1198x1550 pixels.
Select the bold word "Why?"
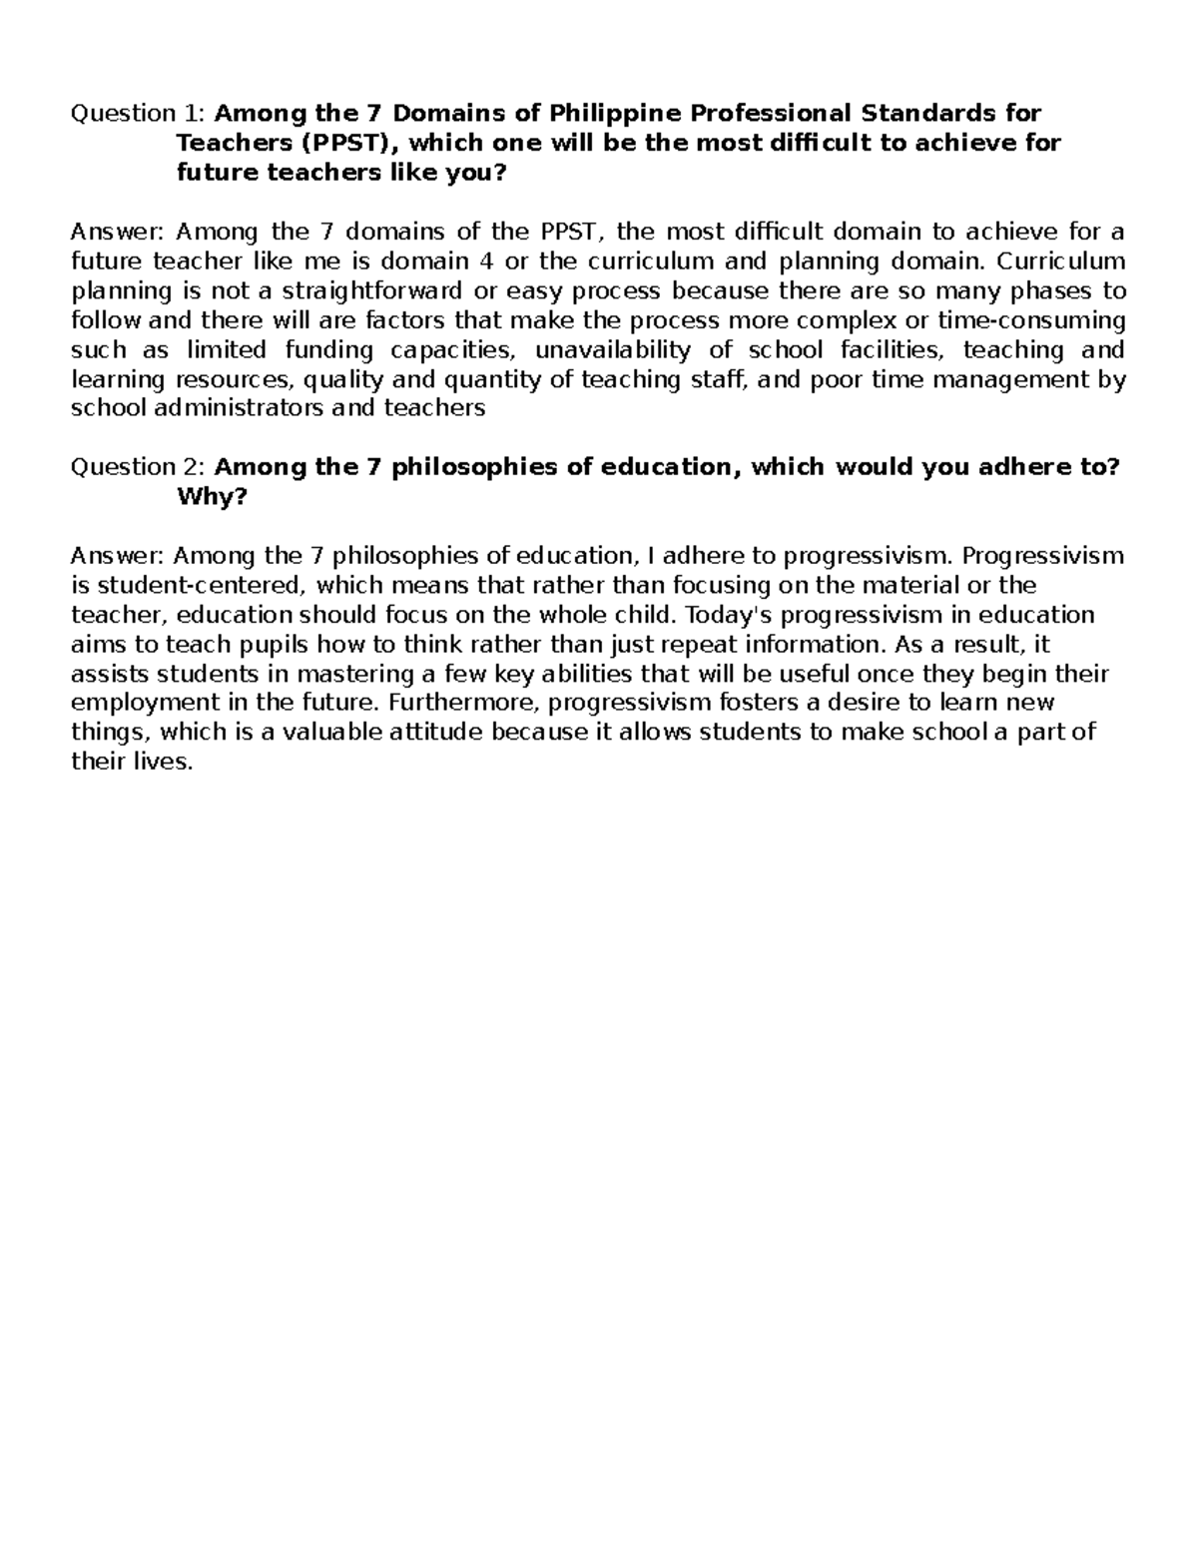tap(211, 497)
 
